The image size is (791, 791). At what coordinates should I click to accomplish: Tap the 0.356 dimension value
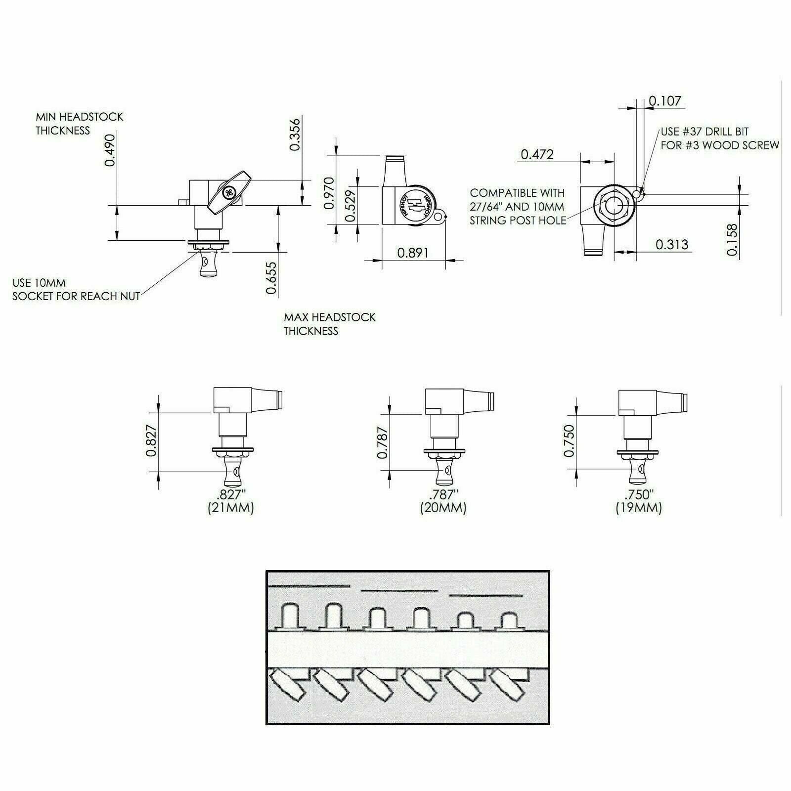click(295, 134)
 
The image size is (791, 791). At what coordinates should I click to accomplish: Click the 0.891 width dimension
click(413, 253)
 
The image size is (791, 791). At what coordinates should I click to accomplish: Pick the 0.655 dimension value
click(271, 278)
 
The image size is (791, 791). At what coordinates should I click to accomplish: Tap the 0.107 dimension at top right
click(665, 101)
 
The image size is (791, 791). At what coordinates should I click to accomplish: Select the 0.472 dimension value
click(537, 155)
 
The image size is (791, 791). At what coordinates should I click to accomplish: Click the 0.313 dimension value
click(672, 244)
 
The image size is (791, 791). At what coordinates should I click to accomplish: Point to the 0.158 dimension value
click(732, 240)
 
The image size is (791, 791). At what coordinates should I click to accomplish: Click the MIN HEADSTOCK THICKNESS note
click(79, 124)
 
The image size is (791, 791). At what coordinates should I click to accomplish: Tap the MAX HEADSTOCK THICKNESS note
click(330, 324)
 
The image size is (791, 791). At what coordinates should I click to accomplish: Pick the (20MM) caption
click(443, 508)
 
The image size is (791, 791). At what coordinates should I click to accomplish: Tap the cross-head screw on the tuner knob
click(230, 193)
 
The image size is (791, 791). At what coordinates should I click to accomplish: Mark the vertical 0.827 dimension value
click(153, 441)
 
